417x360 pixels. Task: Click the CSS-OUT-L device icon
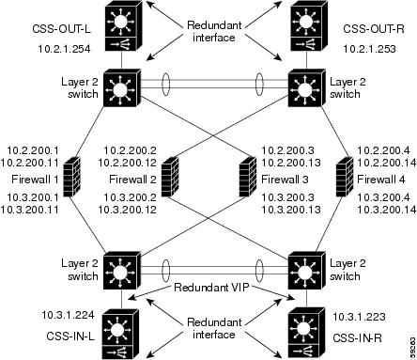point(120,30)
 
